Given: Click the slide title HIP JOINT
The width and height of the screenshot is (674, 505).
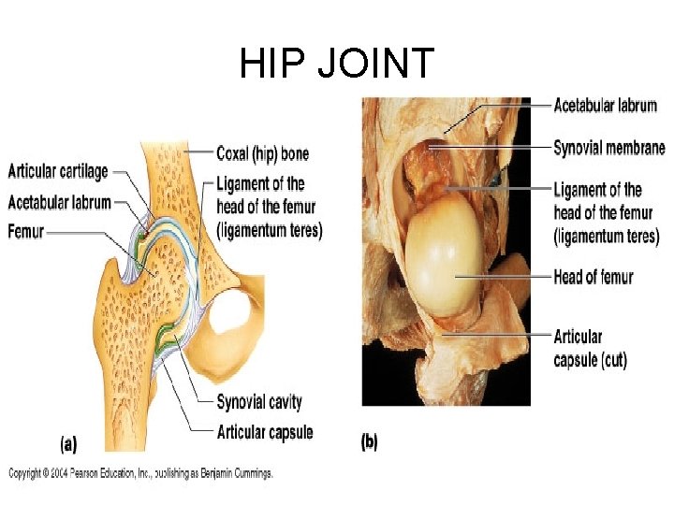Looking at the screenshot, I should [337, 64].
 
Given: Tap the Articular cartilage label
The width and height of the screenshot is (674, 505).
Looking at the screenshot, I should [58, 172].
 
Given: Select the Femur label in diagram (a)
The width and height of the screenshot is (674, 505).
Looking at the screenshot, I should [26, 231].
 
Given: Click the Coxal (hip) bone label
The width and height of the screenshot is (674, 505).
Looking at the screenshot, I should [262, 152].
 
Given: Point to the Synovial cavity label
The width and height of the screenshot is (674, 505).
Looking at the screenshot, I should [259, 402].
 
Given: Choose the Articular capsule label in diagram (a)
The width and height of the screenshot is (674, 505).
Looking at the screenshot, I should [265, 432].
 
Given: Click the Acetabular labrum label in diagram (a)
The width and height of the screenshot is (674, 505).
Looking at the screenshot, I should [60, 202].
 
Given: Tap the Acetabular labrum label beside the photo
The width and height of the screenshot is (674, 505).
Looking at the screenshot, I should [605, 106].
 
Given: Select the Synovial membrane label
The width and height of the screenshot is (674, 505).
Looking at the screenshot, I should [609, 148].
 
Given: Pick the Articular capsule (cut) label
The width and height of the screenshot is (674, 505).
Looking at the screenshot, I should [590, 348].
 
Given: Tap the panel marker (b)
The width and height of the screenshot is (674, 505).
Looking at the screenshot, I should [369, 441].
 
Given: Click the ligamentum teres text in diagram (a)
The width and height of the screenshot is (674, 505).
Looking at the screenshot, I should [269, 229].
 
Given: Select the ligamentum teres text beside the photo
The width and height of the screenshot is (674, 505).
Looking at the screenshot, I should [606, 237].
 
